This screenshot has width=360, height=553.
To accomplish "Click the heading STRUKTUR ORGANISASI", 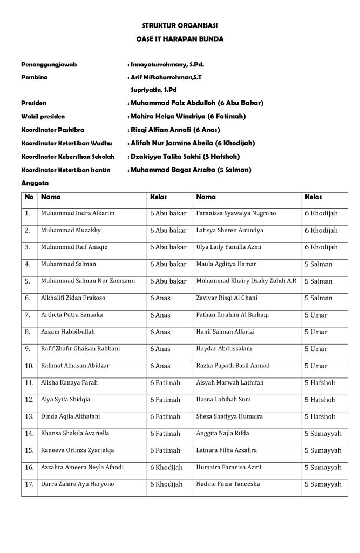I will [x=180, y=25].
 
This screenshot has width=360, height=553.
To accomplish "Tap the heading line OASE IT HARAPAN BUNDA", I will [x=180, y=39].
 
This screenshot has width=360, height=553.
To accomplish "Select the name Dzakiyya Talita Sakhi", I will [x=166, y=157].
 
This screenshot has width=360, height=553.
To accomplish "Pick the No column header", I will [x=29, y=197].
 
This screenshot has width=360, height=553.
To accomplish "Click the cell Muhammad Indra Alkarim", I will [x=78, y=213].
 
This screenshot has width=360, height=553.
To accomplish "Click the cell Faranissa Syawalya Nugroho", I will [x=236, y=213].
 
